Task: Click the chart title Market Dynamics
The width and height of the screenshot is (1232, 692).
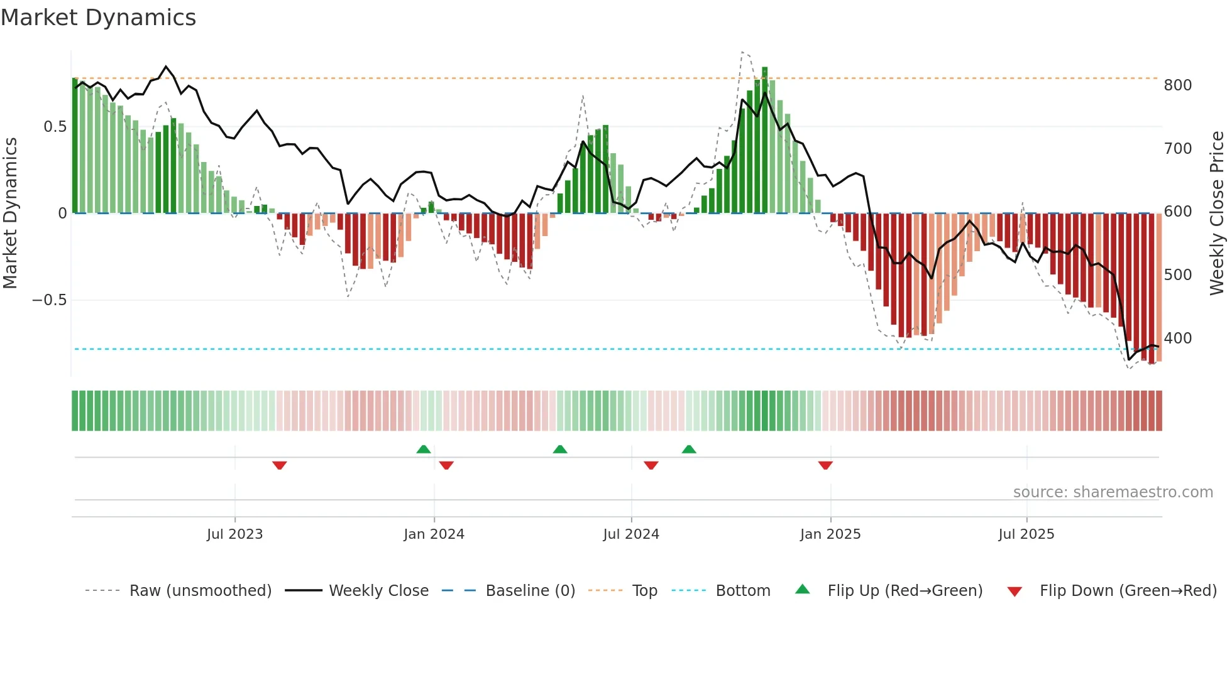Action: click(x=98, y=18)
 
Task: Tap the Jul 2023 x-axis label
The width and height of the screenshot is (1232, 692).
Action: click(x=234, y=534)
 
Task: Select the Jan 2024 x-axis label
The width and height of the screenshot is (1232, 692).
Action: click(x=434, y=534)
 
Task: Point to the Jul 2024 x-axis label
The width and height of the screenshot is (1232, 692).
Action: click(x=631, y=534)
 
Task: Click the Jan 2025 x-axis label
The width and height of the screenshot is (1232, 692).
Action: click(x=830, y=534)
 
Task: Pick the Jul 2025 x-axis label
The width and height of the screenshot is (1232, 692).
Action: click(x=1026, y=534)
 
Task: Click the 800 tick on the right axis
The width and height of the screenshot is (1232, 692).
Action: click(x=1177, y=85)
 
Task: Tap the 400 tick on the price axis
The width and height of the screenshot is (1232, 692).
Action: click(x=1177, y=338)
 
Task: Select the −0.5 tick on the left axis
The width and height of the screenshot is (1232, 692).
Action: click(x=50, y=300)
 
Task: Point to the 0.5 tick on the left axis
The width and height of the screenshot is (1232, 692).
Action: click(x=55, y=127)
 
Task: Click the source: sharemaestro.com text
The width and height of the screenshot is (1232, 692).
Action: click(x=1113, y=492)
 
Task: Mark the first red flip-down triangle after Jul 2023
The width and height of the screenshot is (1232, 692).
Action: click(x=280, y=465)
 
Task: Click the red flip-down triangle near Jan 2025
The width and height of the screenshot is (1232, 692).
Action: click(x=825, y=465)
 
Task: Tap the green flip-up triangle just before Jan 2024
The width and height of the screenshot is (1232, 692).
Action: click(x=424, y=449)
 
